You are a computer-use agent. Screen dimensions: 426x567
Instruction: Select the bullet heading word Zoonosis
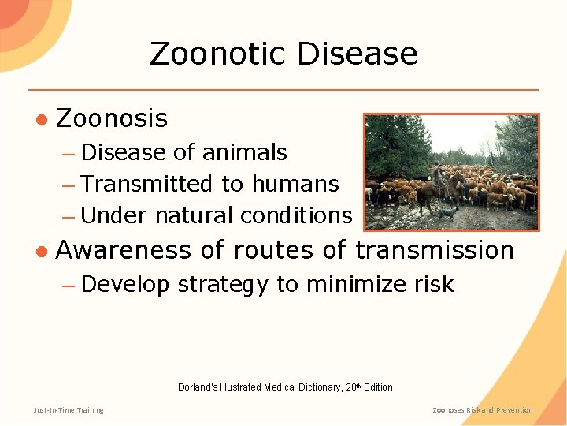[x=112, y=118]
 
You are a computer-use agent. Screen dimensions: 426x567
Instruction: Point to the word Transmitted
[x=146, y=184]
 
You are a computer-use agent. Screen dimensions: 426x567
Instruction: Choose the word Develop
[x=125, y=284]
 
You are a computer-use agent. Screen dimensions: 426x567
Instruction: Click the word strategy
[x=223, y=285]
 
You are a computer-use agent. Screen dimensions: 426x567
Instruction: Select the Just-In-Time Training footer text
[x=69, y=409]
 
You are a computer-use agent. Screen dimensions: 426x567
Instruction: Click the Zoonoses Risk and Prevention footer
[x=483, y=409]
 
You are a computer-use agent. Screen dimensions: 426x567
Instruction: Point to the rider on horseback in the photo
[x=436, y=177]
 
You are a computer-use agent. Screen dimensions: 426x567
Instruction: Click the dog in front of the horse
[x=447, y=211]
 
